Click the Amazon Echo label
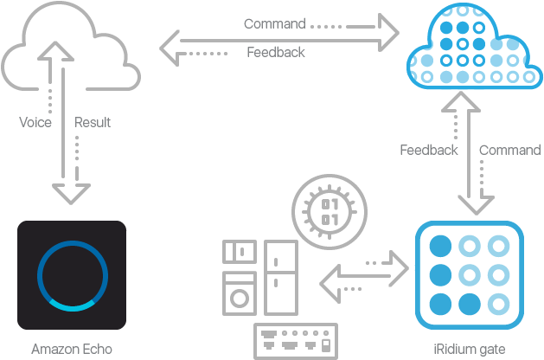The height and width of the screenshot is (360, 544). click(x=72, y=350)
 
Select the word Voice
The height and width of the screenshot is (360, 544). click(x=35, y=123)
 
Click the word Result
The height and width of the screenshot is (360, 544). click(x=93, y=123)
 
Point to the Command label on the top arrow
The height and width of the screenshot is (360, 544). click(x=274, y=24)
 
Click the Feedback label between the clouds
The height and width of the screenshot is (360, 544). click(x=276, y=53)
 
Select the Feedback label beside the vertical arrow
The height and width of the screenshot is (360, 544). click(x=429, y=151)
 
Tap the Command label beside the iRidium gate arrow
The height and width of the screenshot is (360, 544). click(x=510, y=151)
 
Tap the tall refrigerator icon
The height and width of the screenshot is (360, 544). click(x=280, y=276)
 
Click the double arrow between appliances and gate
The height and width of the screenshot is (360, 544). click(x=363, y=274)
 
